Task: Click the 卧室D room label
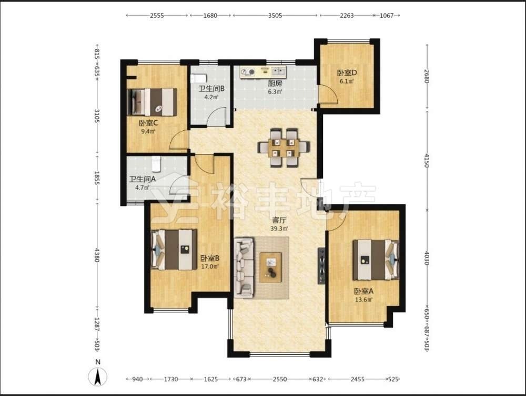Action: coord(347,72)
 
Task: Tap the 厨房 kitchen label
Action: coord(275,84)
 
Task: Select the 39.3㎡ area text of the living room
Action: coord(279,228)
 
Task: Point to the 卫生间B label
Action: coord(211,89)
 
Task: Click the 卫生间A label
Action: coord(143,179)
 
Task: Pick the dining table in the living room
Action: coord(284,148)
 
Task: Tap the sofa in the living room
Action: coord(244,268)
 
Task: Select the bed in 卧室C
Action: coord(152,102)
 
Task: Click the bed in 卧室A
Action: coord(376,259)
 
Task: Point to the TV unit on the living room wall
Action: coord(321,266)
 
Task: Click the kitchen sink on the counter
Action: coord(279,71)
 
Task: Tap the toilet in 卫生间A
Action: coord(156,164)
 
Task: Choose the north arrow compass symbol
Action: coord(98,376)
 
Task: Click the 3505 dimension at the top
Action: coord(275,15)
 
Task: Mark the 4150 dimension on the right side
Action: coord(427,161)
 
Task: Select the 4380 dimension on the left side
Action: coord(97,255)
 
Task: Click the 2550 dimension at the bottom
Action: coord(279,379)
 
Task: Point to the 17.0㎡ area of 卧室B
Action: coord(210,267)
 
